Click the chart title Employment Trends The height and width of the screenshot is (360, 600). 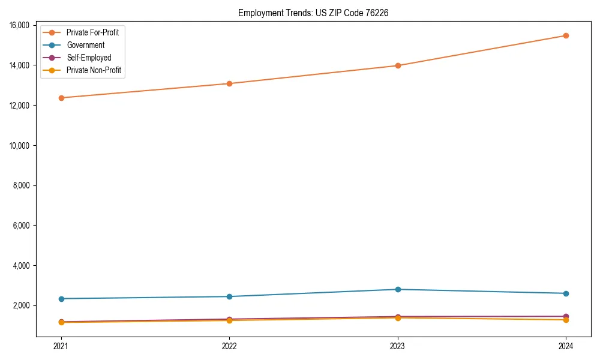(x=313, y=13)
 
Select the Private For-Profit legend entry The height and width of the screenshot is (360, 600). (x=92, y=32)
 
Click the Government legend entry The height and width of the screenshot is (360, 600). (x=85, y=45)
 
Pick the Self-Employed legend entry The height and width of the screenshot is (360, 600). (x=89, y=58)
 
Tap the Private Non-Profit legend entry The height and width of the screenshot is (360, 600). (x=94, y=70)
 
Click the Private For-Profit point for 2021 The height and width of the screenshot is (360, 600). (x=61, y=98)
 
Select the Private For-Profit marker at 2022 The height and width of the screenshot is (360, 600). (x=229, y=83)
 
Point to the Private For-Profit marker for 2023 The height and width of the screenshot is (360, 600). (x=398, y=65)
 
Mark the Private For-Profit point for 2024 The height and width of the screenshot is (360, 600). (x=566, y=35)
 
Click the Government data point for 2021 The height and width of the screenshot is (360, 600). (x=61, y=299)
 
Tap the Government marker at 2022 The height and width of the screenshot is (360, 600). (x=229, y=296)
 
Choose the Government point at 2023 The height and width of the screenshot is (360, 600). (x=398, y=289)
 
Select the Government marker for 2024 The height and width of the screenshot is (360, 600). (x=566, y=293)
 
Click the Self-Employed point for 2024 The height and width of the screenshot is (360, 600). (x=566, y=316)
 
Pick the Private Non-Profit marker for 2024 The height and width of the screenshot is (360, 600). (x=566, y=320)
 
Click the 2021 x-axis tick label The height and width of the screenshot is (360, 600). (x=61, y=346)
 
